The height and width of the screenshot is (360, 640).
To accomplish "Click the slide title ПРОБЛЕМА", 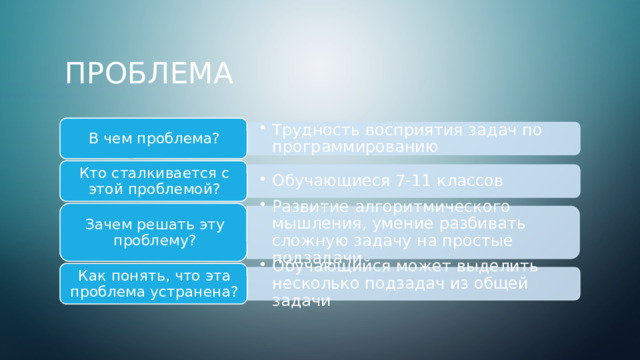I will [x=149, y=74].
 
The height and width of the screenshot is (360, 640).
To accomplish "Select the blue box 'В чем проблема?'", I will [x=154, y=137].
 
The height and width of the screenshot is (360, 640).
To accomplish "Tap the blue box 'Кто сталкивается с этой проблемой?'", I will [x=154, y=180].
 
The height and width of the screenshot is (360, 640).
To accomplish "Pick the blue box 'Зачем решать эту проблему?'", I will [x=154, y=232].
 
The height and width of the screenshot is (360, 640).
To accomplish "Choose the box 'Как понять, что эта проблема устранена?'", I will [x=154, y=283].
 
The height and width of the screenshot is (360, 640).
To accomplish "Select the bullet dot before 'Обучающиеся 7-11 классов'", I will [x=261, y=180].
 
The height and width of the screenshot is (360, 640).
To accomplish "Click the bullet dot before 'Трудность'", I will [x=261, y=129].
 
